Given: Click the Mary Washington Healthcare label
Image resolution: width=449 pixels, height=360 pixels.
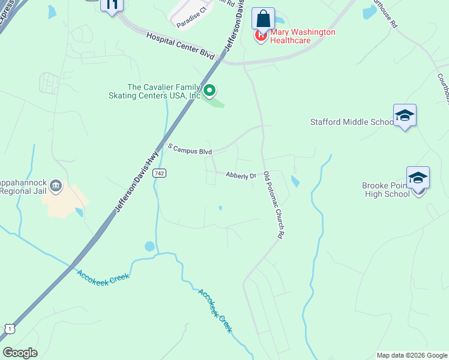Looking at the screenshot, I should pos(303,36).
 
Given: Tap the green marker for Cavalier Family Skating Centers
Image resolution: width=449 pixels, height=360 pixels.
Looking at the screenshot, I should pos(209,91).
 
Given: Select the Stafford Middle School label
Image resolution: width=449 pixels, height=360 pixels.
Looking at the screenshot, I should pos(351,122).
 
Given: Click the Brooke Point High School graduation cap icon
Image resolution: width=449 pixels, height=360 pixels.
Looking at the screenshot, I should pos(418,178).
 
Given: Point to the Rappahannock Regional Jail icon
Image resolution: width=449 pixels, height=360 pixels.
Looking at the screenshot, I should pos(56,185).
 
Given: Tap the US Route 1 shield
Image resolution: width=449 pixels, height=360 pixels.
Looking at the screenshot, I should pos(9,328).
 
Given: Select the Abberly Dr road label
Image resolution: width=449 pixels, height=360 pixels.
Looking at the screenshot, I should pos(241,175).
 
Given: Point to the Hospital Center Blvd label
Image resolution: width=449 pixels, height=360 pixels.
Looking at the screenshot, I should pos(181,45).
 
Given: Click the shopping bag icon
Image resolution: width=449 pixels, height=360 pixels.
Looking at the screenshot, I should pos(263,18).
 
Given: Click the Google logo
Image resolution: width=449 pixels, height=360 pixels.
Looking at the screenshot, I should pos(20,353).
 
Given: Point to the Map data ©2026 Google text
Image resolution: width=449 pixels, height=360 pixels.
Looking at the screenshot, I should pos(411,355).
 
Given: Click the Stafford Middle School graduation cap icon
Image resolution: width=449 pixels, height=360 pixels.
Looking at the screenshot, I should pos(405,115).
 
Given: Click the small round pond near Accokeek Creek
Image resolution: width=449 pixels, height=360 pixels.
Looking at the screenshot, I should pos(149,246).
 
